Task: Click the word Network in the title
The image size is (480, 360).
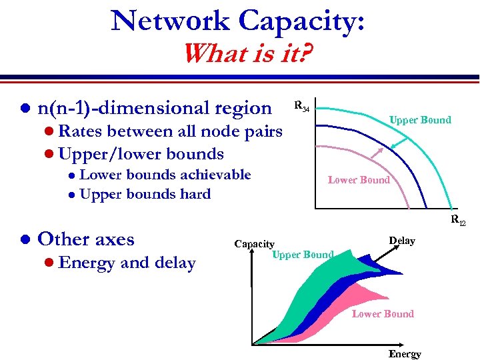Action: (x=171, y=21)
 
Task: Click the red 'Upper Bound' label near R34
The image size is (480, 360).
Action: (x=420, y=120)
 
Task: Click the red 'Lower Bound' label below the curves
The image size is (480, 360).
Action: (x=359, y=179)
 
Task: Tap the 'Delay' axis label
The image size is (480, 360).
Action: (x=402, y=241)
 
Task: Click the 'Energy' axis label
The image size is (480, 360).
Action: (x=405, y=353)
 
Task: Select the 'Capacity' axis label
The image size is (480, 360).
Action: (x=254, y=244)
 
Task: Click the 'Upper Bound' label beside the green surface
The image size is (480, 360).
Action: (x=303, y=255)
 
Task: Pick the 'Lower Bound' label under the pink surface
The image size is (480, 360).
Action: (x=383, y=313)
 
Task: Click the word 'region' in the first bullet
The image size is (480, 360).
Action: (x=241, y=108)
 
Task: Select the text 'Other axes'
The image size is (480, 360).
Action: (x=86, y=239)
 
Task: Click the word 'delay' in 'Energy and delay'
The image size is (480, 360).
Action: (x=175, y=263)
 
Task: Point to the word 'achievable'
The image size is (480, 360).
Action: (x=214, y=175)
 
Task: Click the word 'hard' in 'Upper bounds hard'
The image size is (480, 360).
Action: (x=197, y=194)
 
